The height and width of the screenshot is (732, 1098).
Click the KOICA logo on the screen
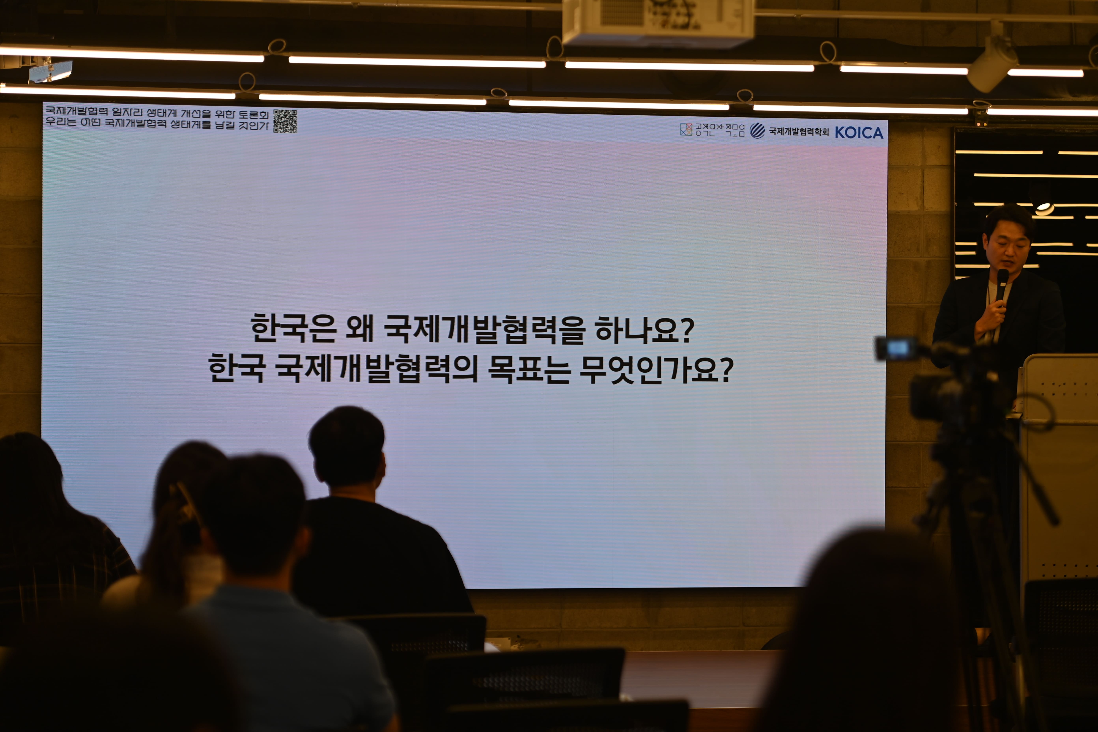(859, 133)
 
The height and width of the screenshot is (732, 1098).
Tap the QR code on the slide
(285, 121)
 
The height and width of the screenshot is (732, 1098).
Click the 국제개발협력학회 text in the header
(799, 132)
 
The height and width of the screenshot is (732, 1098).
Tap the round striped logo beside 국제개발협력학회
(757, 131)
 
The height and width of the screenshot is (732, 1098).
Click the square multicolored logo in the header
(686, 129)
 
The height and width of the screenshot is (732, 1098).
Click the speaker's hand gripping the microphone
(990, 320)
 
